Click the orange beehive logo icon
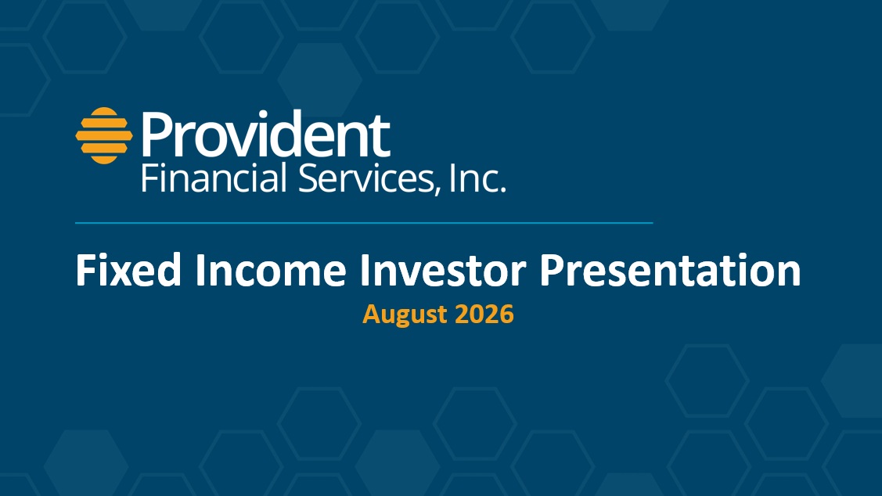coord(104,135)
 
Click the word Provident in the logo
coord(265,134)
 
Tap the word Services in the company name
coord(366,178)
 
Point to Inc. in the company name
coord(478,178)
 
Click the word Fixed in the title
coord(129,271)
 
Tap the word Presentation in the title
coord(670,271)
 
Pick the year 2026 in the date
coord(484,313)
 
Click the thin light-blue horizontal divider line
coord(364,223)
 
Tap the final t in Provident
coord(381,137)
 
